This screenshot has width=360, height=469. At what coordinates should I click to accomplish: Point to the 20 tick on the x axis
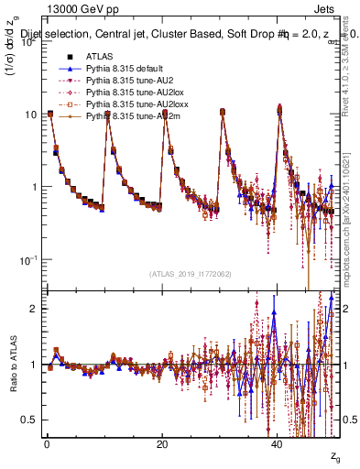[x=162, y=445]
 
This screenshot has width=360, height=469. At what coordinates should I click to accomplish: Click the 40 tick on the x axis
[x=278, y=445]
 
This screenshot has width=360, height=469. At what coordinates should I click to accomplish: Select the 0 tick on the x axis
[x=47, y=445]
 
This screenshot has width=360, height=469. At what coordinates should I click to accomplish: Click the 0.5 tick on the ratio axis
[x=28, y=420]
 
